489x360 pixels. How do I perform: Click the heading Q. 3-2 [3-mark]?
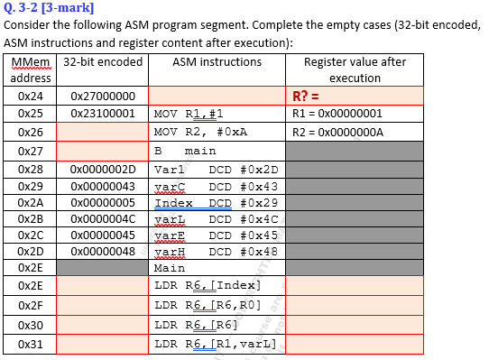tap(47, 10)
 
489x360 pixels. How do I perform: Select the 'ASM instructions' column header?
tap(217, 62)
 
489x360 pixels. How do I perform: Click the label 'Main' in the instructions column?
tap(170, 268)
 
